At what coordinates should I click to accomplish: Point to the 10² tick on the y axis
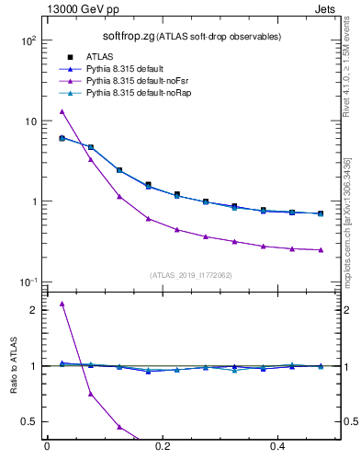coord(28,41)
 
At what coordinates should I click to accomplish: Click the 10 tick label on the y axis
coord(29,121)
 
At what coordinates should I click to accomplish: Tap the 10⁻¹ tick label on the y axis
coord(28,281)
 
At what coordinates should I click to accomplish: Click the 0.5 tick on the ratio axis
coord(29,421)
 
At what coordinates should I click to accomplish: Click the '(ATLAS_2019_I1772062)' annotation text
coord(191,274)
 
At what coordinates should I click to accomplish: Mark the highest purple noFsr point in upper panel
coord(62,111)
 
